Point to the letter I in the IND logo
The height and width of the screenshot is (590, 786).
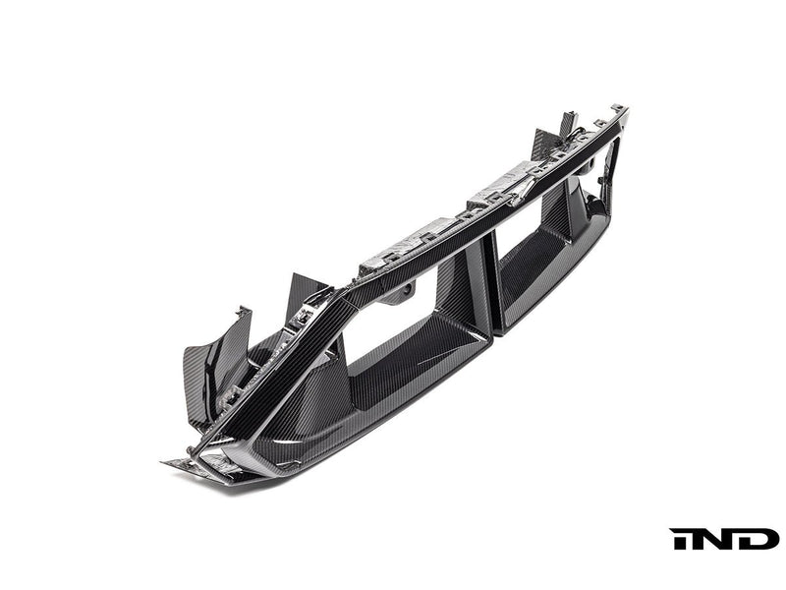click(679, 539)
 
